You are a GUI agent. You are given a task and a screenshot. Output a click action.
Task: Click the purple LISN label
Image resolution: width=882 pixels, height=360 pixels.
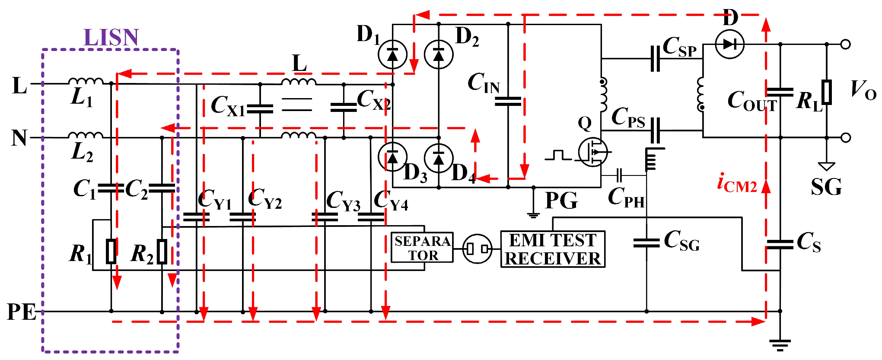(x=111, y=38)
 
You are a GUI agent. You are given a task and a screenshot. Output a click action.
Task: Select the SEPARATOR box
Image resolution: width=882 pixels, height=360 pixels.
(x=422, y=248)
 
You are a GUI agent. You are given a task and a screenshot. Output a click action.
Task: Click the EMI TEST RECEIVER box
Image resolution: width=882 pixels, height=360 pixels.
(x=552, y=249)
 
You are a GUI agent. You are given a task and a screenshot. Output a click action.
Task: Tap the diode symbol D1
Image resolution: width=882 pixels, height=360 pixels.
(x=392, y=54)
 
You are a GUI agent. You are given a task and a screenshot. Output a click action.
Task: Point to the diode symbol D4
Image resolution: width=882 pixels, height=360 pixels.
(x=439, y=158)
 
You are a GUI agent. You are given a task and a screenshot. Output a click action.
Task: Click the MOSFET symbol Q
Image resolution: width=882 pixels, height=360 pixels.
(x=593, y=152)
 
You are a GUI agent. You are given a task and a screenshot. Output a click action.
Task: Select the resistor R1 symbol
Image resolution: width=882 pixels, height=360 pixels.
(x=111, y=251)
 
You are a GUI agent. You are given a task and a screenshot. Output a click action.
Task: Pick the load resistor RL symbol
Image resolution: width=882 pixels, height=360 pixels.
(x=827, y=92)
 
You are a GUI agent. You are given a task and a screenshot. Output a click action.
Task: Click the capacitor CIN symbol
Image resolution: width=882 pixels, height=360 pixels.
(x=508, y=102)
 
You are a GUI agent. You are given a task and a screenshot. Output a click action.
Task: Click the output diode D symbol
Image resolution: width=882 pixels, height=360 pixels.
(x=729, y=44)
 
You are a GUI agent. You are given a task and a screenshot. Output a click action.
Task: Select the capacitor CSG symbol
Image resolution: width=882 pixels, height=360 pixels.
(x=646, y=243)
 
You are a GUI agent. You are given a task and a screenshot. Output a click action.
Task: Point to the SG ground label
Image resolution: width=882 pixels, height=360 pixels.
(x=826, y=187)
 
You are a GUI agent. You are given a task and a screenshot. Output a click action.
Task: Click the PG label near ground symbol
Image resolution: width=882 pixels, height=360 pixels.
(x=561, y=201)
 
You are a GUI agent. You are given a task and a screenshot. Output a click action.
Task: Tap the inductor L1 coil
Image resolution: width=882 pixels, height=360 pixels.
(x=86, y=81)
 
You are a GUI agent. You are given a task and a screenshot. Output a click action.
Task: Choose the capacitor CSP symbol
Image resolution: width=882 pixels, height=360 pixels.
(x=655, y=59)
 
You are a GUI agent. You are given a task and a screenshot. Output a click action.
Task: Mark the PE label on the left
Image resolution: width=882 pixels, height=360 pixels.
(x=21, y=312)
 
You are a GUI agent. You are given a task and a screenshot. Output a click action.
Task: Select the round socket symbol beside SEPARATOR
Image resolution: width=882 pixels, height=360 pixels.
(x=477, y=249)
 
